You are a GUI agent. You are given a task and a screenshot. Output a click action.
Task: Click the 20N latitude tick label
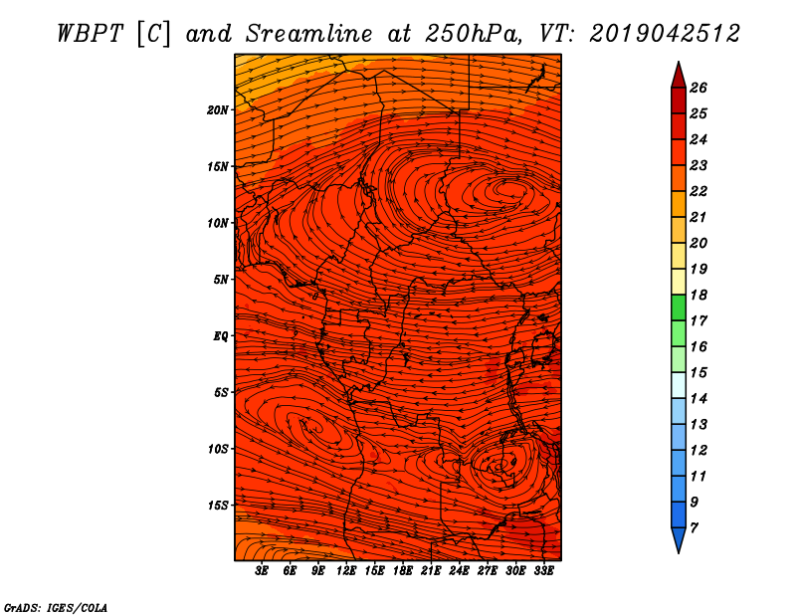click(218, 110)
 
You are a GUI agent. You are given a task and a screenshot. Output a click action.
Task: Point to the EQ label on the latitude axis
click(221, 336)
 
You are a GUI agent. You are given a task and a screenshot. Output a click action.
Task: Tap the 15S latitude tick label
click(218, 506)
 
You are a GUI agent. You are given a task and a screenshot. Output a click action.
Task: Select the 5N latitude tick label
click(221, 280)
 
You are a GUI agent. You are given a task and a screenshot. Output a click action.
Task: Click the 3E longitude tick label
click(262, 571)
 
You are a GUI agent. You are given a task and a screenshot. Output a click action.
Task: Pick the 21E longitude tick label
click(431, 571)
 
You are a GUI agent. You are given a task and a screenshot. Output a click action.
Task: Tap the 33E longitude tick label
click(543, 571)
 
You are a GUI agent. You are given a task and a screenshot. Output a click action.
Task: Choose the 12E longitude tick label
click(346, 571)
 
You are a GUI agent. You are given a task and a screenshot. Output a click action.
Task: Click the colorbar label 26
click(698, 89)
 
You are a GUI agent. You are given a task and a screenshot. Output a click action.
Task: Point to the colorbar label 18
click(698, 295)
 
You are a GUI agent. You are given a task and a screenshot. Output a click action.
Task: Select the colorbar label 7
click(695, 528)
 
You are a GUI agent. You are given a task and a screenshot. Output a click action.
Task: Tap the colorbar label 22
click(698, 191)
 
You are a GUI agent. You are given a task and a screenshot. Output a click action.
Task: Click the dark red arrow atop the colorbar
click(679, 75)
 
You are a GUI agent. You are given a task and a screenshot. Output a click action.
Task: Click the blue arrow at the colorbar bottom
click(679, 540)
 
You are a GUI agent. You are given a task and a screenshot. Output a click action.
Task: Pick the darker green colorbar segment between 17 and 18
click(679, 307)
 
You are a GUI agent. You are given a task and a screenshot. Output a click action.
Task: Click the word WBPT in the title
click(90, 34)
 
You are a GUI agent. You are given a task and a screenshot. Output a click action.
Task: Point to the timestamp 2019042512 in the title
click(665, 34)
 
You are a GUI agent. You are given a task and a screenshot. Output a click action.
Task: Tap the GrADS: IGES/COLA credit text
click(56, 608)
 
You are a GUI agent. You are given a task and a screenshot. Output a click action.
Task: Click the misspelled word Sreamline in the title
click(309, 34)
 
